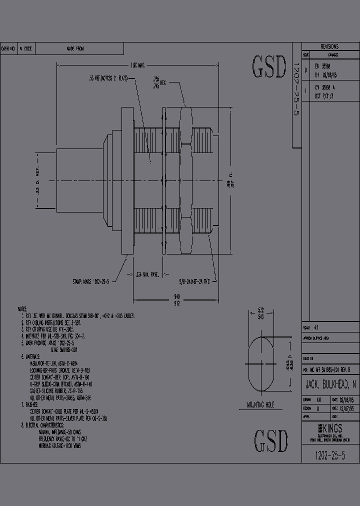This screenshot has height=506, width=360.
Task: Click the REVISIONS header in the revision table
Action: pyautogui.click(x=329, y=45)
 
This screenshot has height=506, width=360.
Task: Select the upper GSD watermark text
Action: pyautogui.click(x=269, y=66)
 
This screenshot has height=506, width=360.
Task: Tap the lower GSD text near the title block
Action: pyautogui.click(x=271, y=440)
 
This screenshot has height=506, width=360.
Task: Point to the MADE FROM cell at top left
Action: pyautogui.click(x=75, y=48)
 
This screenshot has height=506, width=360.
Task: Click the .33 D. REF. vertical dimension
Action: pyautogui.click(x=37, y=180)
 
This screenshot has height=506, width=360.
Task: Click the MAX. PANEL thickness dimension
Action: pyautogui.click(x=149, y=274)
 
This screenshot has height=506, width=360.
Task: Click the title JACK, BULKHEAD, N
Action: pyautogui.click(x=330, y=384)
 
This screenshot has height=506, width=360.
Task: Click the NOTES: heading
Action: pyautogui.click(x=22, y=309)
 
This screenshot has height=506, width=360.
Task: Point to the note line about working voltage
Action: pyautogui.click(x=59, y=445)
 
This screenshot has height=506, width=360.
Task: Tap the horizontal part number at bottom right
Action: pyautogui.click(x=330, y=455)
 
